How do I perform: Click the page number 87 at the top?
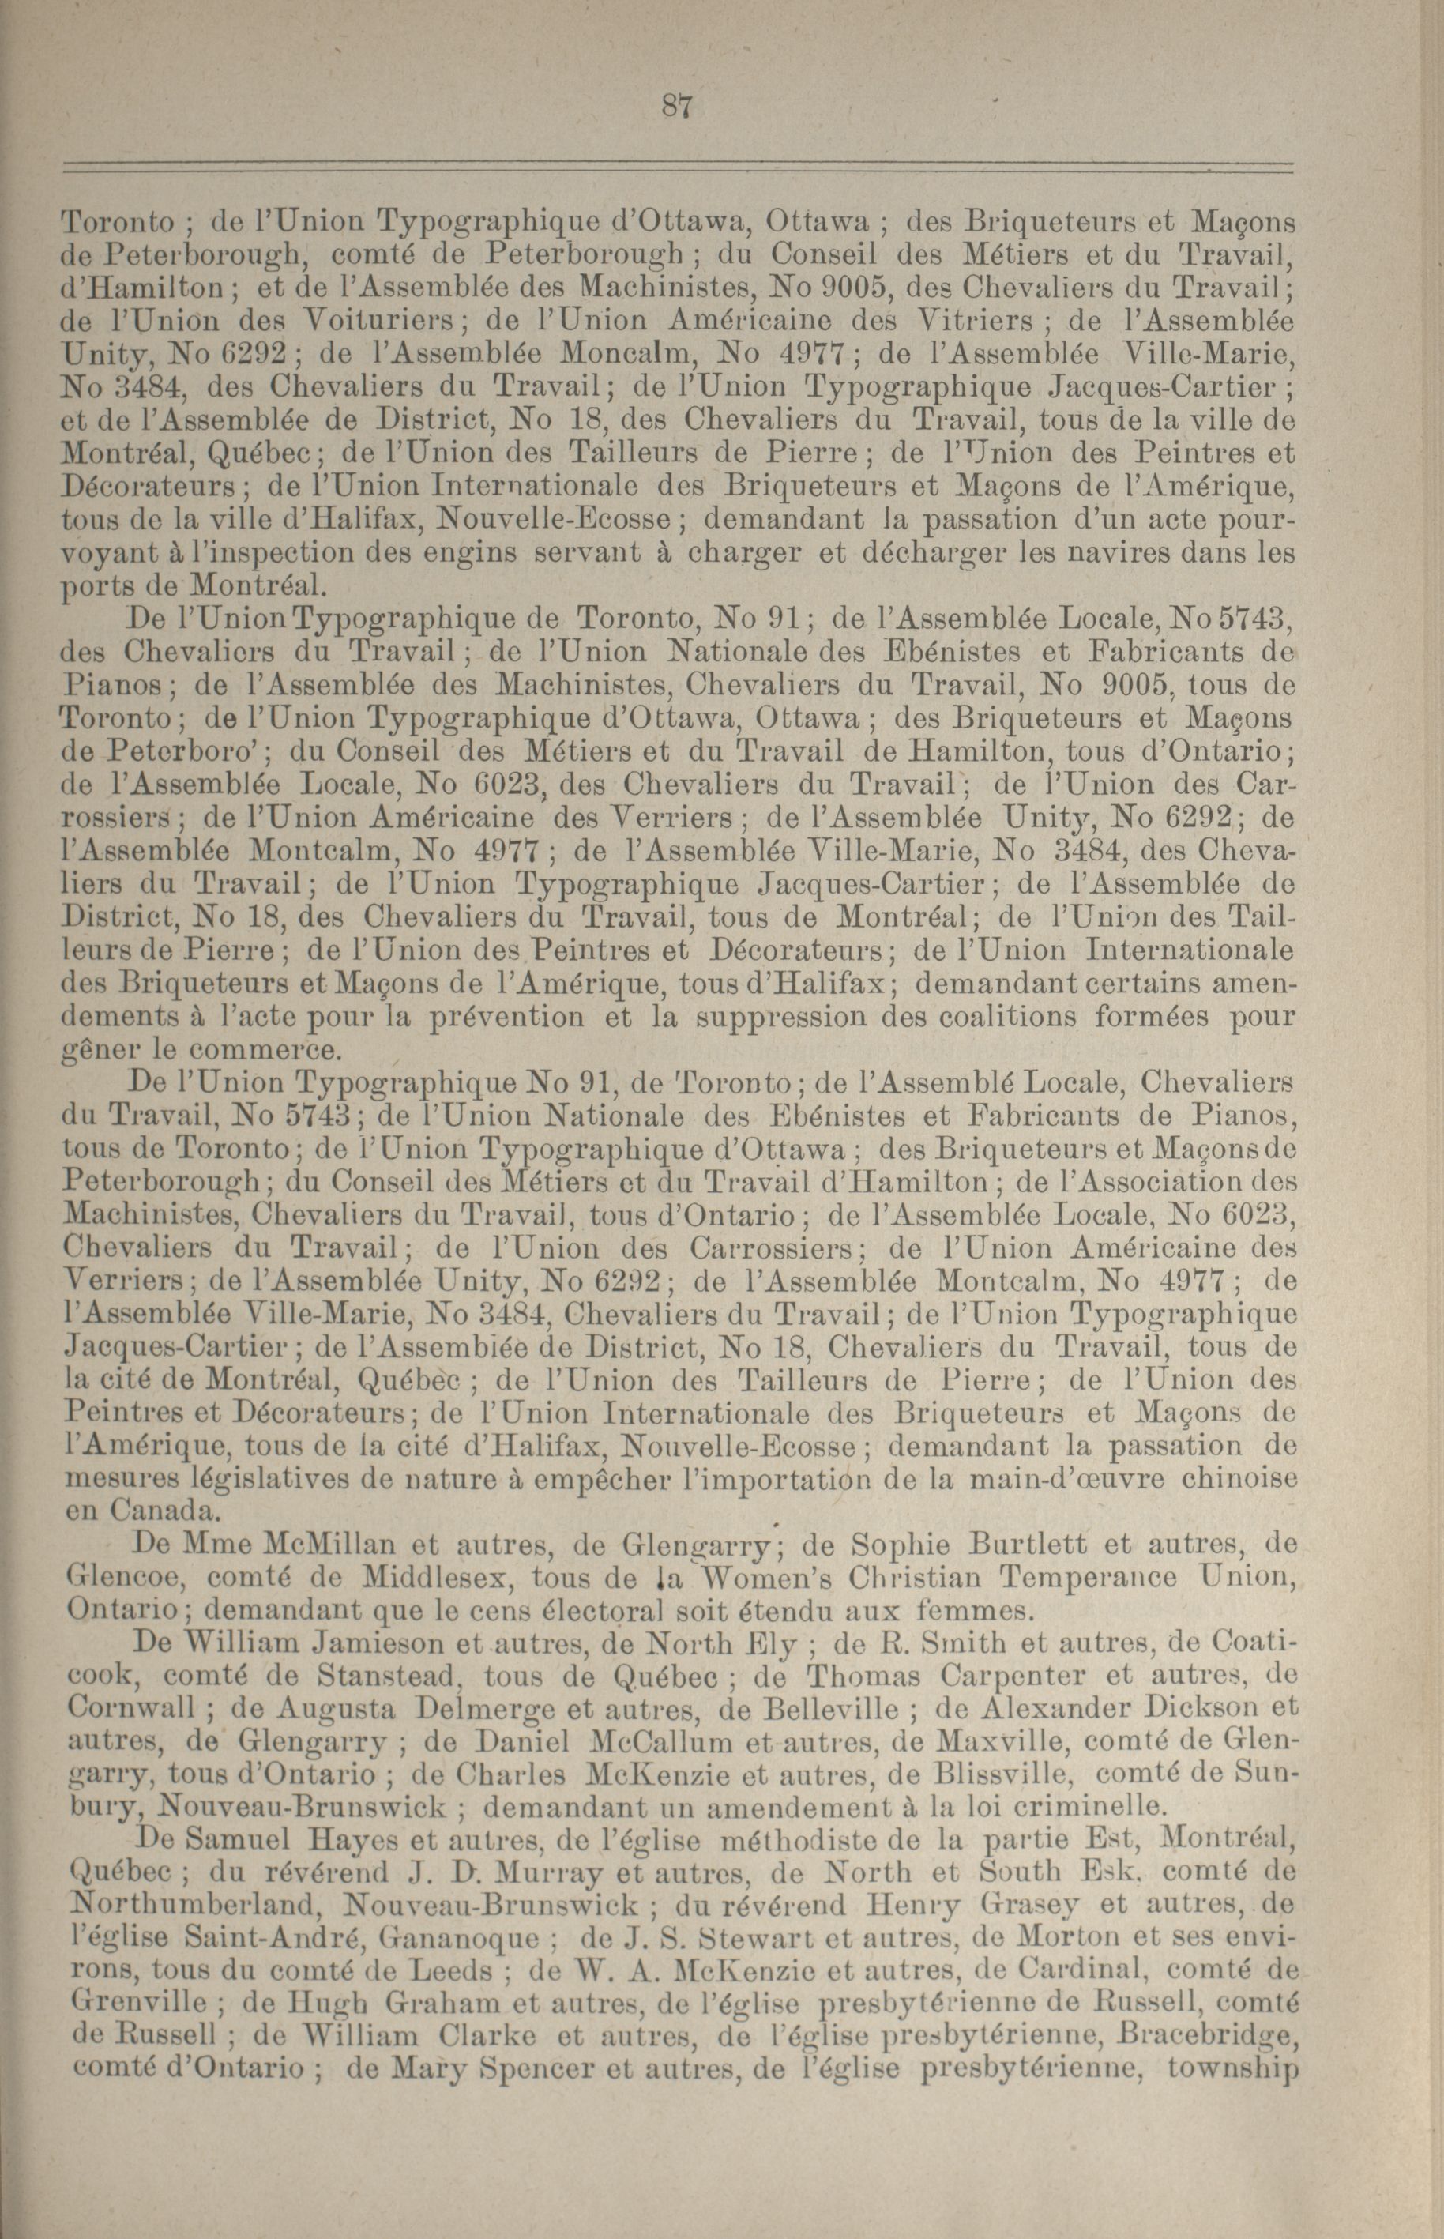click(x=676, y=107)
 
